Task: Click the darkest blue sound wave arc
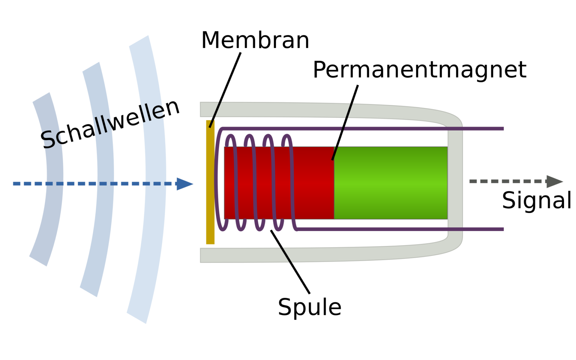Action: click(x=53, y=200)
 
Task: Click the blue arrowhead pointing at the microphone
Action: click(x=185, y=184)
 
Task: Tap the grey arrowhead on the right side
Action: click(x=554, y=182)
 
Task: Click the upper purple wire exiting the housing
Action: click(x=483, y=129)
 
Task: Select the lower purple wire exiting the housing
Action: click(x=483, y=229)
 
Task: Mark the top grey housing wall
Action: click(x=283, y=109)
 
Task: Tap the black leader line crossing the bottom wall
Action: click(x=286, y=255)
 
